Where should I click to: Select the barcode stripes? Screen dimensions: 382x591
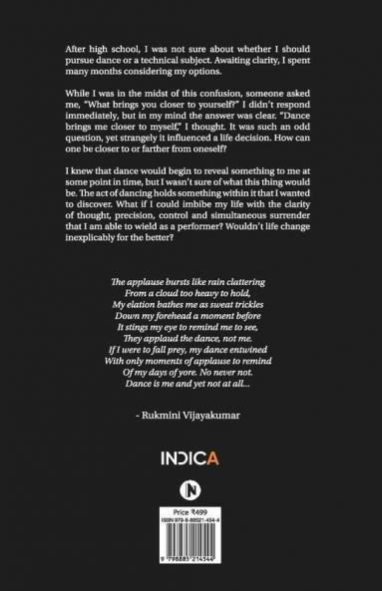tap(191, 568)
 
